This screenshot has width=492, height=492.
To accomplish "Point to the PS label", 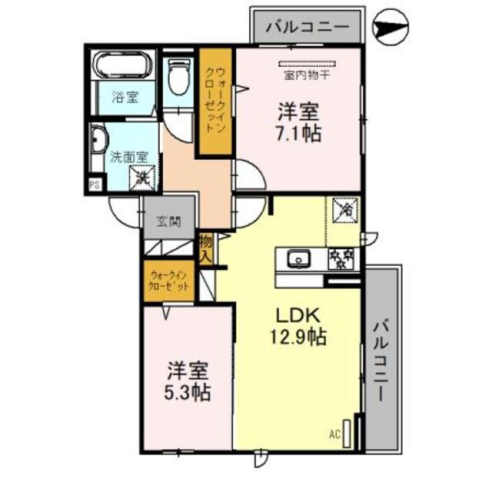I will coord(95,184).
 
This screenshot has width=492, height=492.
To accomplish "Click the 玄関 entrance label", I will coord(169,223).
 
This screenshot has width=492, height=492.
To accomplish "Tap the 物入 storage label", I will coord(206,248).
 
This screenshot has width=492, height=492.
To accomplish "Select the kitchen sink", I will coord(298,258).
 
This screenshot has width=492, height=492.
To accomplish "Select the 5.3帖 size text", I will coord(188,393).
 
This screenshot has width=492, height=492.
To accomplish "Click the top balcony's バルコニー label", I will coord(307,28).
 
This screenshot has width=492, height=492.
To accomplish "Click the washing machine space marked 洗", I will coord(141,175).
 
